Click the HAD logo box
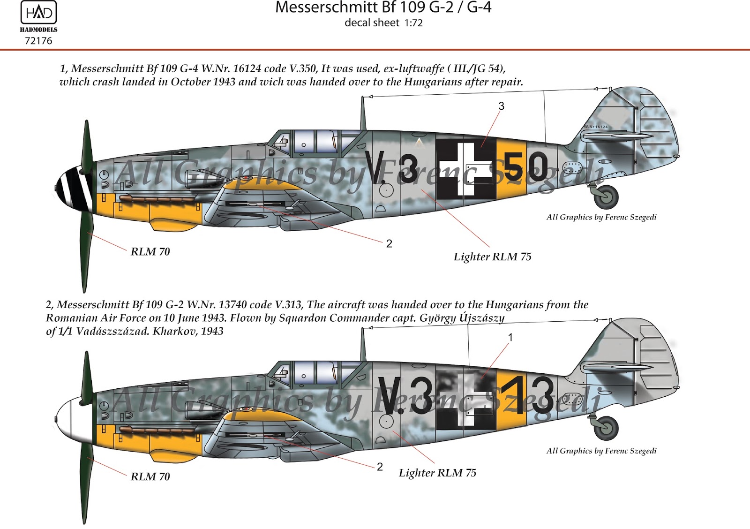pyautogui.click(x=38, y=13)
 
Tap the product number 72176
pyautogui.click(x=38, y=41)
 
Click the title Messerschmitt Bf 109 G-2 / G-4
pyautogui.click(x=383, y=8)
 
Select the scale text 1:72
pyautogui.click(x=413, y=23)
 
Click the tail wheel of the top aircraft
pyautogui.click(x=606, y=196)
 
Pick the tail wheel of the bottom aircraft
pyautogui.click(x=606, y=428)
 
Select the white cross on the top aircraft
pyautogui.click(x=466, y=168)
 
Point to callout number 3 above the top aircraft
pyautogui.click(x=501, y=106)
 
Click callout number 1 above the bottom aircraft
pyautogui.click(x=510, y=337)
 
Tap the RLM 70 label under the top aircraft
pyautogui.click(x=150, y=252)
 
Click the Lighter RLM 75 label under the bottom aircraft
pyautogui.click(x=437, y=473)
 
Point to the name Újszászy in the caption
pyautogui.click(x=482, y=318)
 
